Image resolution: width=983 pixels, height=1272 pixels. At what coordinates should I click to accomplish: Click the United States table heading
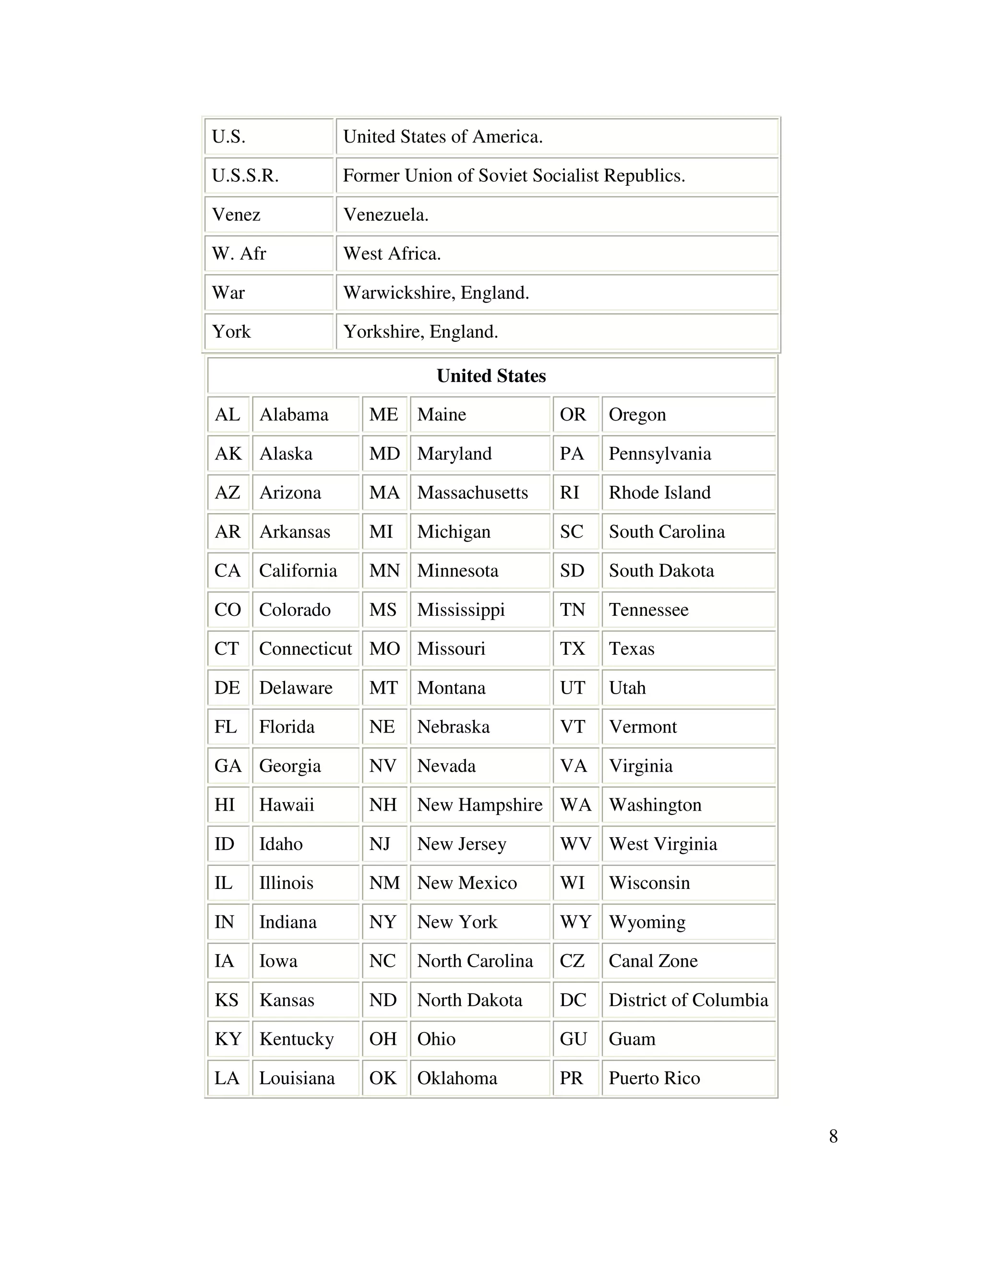click(491, 376)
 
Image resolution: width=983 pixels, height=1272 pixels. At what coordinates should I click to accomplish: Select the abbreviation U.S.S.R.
click(245, 175)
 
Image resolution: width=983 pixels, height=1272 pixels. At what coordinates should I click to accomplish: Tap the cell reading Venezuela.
click(385, 215)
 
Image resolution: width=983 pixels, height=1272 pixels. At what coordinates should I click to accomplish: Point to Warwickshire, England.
click(436, 292)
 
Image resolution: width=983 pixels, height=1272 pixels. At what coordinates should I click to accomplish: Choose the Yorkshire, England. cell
click(420, 331)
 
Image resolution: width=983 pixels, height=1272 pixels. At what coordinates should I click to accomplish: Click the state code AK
click(228, 453)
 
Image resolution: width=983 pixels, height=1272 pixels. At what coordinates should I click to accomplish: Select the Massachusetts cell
click(472, 492)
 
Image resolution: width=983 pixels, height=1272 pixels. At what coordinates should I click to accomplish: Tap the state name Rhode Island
click(659, 492)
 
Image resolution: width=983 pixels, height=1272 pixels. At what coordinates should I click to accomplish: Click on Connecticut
click(305, 648)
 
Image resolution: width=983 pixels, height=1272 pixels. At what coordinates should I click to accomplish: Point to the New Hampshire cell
click(480, 804)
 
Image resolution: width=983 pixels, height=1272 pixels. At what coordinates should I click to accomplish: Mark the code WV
click(575, 843)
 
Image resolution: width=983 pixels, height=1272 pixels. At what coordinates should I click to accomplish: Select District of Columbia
click(688, 999)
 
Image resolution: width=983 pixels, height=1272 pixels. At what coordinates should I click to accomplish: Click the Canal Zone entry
click(653, 960)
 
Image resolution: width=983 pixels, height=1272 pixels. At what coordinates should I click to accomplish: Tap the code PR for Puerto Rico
click(571, 1078)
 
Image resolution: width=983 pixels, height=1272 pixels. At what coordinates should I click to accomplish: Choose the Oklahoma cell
click(457, 1078)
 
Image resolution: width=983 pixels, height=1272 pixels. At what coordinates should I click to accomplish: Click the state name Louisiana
click(297, 1078)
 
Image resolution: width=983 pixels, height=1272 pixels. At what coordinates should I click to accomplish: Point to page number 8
click(833, 1136)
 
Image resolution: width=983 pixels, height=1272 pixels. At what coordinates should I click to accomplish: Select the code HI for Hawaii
click(224, 804)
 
